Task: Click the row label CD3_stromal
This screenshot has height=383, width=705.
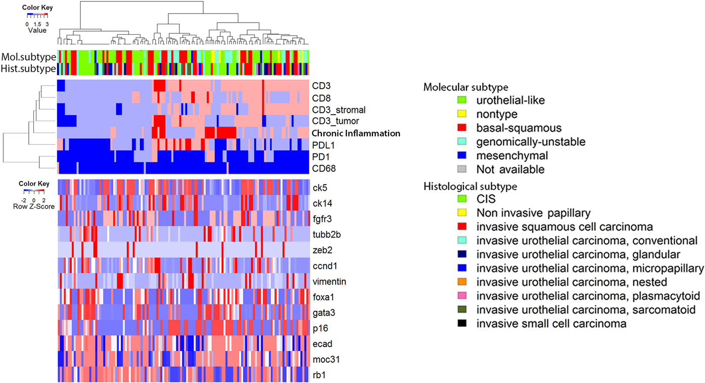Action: tap(339, 110)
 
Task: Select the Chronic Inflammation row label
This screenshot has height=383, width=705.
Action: tap(356, 134)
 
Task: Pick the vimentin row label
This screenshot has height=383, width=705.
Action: tap(328, 281)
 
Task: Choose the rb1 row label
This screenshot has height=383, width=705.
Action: tap(319, 375)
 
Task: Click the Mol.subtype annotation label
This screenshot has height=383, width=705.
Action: tap(28, 57)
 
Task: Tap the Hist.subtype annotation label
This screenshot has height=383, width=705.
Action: tap(28, 68)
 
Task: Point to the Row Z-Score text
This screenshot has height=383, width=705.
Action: tap(34, 206)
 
